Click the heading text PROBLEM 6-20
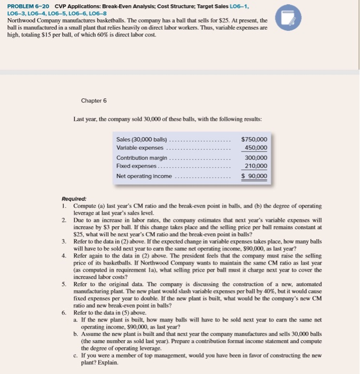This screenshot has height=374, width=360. [x=26, y=5]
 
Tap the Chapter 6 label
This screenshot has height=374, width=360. [x=94, y=100]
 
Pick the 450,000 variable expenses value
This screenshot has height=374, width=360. [x=256, y=148]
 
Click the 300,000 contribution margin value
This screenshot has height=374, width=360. [x=256, y=158]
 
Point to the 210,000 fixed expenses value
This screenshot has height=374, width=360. [x=256, y=167]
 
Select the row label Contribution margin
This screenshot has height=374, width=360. [x=142, y=158]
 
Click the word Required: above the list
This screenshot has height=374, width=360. [x=74, y=197]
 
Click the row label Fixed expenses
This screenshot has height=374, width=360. [x=137, y=167]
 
